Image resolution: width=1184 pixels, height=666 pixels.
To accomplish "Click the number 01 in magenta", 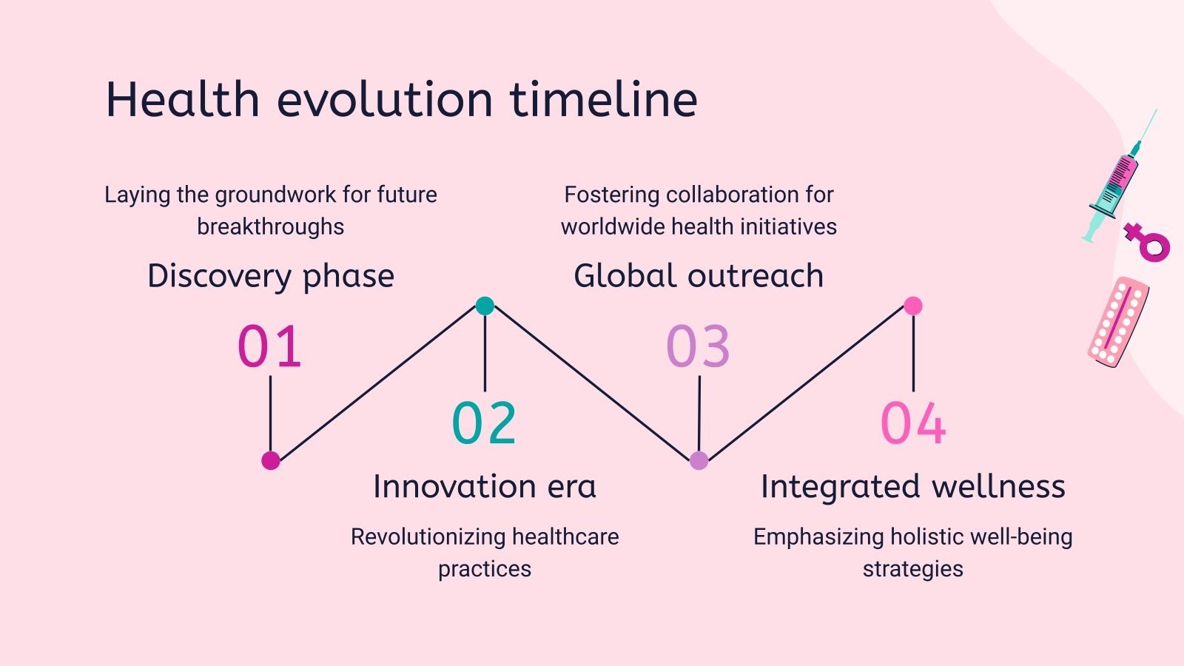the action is tap(269, 346).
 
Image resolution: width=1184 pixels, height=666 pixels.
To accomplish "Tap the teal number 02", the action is tap(484, 423).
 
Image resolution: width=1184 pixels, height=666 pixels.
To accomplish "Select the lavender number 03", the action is tap(699, 346).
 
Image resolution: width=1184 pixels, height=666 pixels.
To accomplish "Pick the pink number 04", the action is tap(913, 423).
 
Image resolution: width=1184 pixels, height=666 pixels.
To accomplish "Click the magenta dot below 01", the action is tap(271, 460).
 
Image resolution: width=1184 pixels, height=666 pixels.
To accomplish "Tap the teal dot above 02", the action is tap(485, 306).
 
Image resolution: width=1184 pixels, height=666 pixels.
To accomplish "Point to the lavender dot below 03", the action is tap(699, 460).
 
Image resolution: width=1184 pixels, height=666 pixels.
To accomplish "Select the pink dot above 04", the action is tap(913, 306).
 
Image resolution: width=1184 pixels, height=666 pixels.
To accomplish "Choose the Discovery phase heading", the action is tap(271, 277).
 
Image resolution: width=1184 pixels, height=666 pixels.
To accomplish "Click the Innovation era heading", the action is tap(485, 486).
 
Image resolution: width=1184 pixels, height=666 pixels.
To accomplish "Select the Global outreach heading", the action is tap(699, 275).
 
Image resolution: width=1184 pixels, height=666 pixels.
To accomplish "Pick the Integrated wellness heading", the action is tap(913, 487).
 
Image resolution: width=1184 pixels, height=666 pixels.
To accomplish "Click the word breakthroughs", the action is tap(271, 227).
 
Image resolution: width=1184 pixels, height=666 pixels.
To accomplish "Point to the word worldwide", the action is tap(613, 226).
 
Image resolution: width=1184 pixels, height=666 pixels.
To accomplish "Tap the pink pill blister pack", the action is tap(1118, 321).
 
